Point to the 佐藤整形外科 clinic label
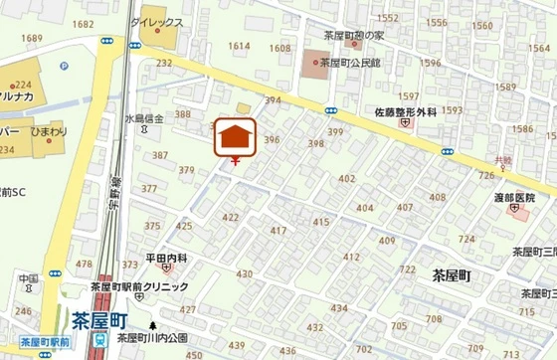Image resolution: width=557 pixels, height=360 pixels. click(x=406, y=112)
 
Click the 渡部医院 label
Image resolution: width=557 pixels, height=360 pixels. click(x=513, y=197)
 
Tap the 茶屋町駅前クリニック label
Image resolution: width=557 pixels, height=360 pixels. click(x=138, y=287)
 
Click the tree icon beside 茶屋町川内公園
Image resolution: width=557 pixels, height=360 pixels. click(x=152, y=325)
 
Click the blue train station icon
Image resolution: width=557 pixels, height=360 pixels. click(x=99, y=339)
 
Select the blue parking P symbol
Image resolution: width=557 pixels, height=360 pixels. click(x=63, y=68)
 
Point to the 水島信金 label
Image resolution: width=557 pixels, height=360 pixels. click(x=143, y=118)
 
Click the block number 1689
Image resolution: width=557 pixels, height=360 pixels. click(x=31, y=38)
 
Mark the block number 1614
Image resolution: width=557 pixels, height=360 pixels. click(x=239, y=46)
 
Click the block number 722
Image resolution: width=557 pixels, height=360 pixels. click(x=407, y=270)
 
